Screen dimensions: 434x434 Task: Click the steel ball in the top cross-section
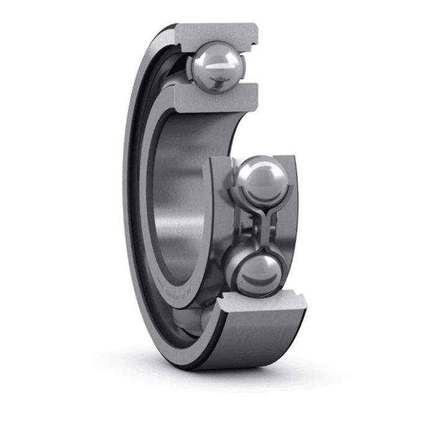218,66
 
